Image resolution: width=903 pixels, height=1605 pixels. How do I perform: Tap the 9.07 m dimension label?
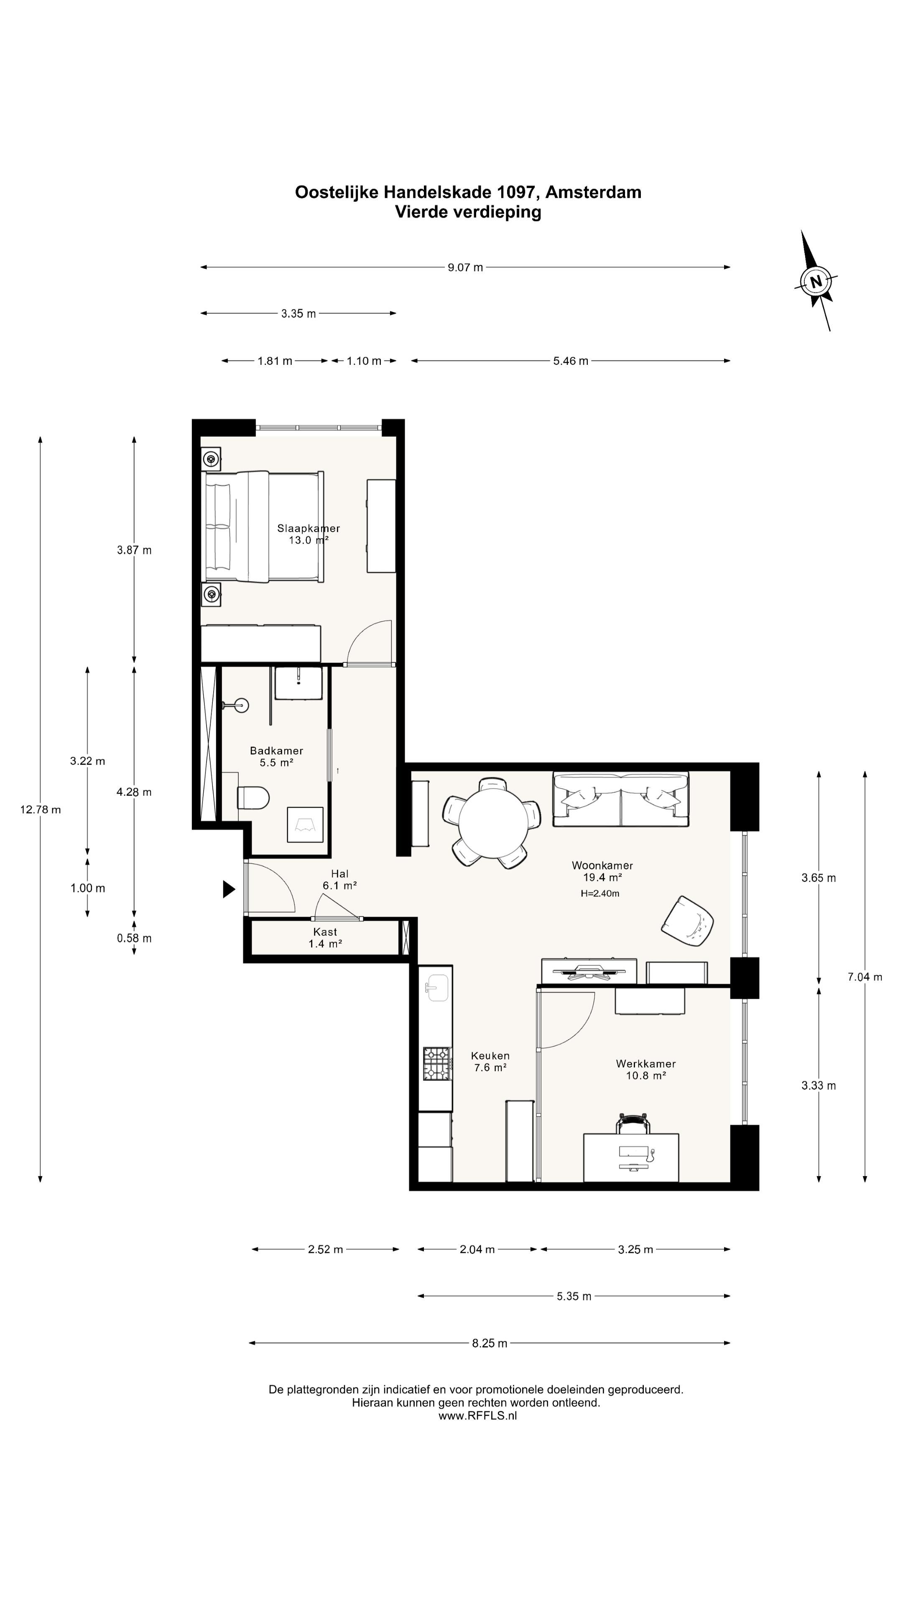465,267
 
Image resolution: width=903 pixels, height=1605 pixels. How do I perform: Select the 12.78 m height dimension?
41,809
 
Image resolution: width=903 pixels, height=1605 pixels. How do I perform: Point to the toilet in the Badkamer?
253,797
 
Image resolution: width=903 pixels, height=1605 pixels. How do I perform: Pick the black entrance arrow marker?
229,889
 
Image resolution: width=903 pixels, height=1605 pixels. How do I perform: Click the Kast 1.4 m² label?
325,937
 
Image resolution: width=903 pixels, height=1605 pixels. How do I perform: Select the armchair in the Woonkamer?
687,922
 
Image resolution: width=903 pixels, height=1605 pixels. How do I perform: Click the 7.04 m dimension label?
865,976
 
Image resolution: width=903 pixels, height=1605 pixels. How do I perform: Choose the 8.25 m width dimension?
489,1343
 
